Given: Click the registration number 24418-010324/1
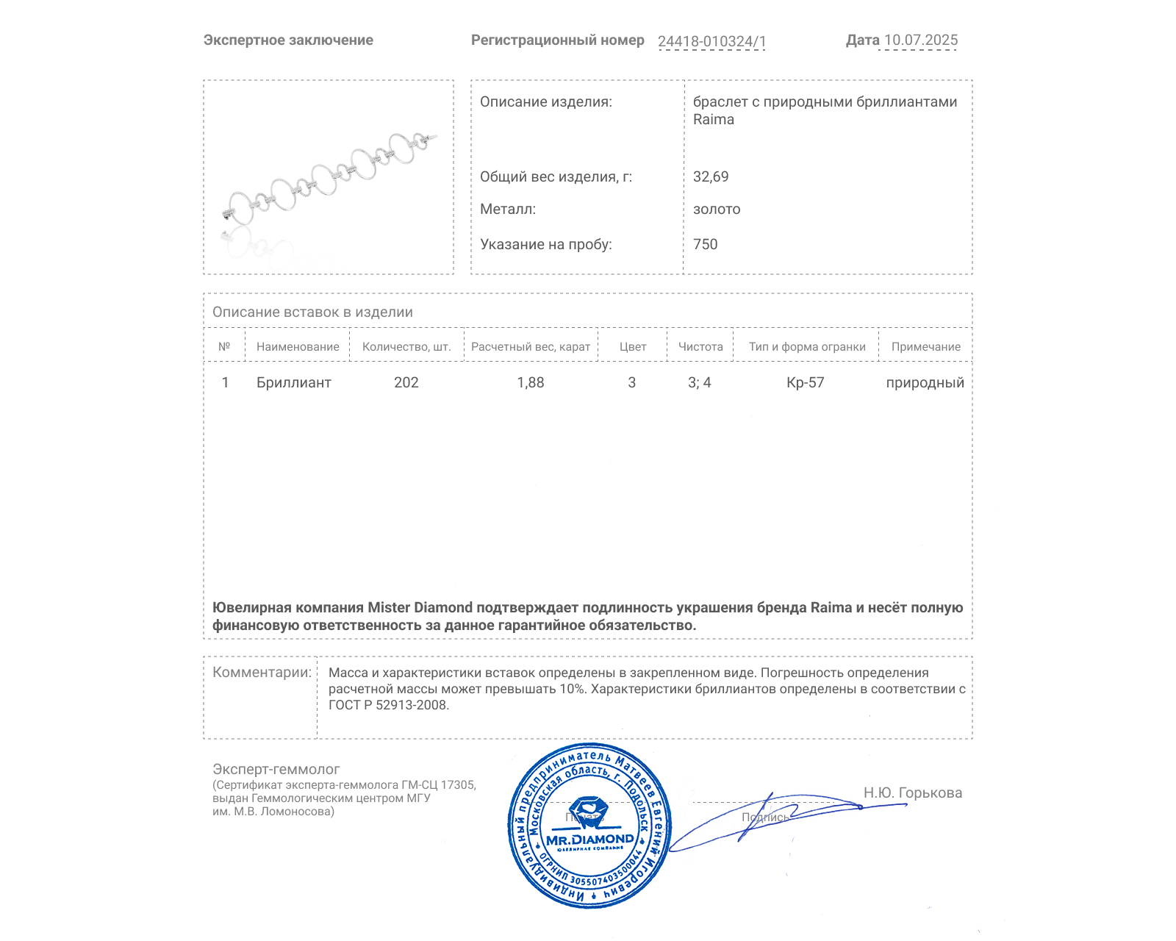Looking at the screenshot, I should tap(711, 42).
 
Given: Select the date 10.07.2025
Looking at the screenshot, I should tap(920, 40).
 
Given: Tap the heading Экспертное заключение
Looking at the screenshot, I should tap(288, 40).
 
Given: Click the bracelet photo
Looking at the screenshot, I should tap(329, 177).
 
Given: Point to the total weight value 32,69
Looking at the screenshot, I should tap(711, 177).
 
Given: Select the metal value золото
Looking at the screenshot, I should tap(717, 210).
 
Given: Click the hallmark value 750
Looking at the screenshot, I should tap(705, 245).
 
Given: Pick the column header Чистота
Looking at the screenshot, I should tap(700, 347).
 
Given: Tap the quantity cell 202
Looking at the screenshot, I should tap(406, 383).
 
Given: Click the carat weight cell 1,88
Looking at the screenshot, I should tap(530, 383).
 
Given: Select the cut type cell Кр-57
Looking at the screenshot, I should tap(805, 383).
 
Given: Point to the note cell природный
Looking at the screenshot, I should tap(925, 383).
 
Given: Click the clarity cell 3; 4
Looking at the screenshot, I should tap(699, 383).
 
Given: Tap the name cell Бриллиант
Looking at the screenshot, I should tap(293, 383).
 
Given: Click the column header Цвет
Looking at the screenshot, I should tap(632, 347).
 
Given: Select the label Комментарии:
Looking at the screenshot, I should tap(262, 673).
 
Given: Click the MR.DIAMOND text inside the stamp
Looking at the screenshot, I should tap(589, 840).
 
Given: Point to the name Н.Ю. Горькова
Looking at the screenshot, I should tap(912, 793).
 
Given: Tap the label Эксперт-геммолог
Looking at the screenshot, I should tap(276, 770).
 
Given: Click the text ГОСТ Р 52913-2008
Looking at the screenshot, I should tap(387, 706).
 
